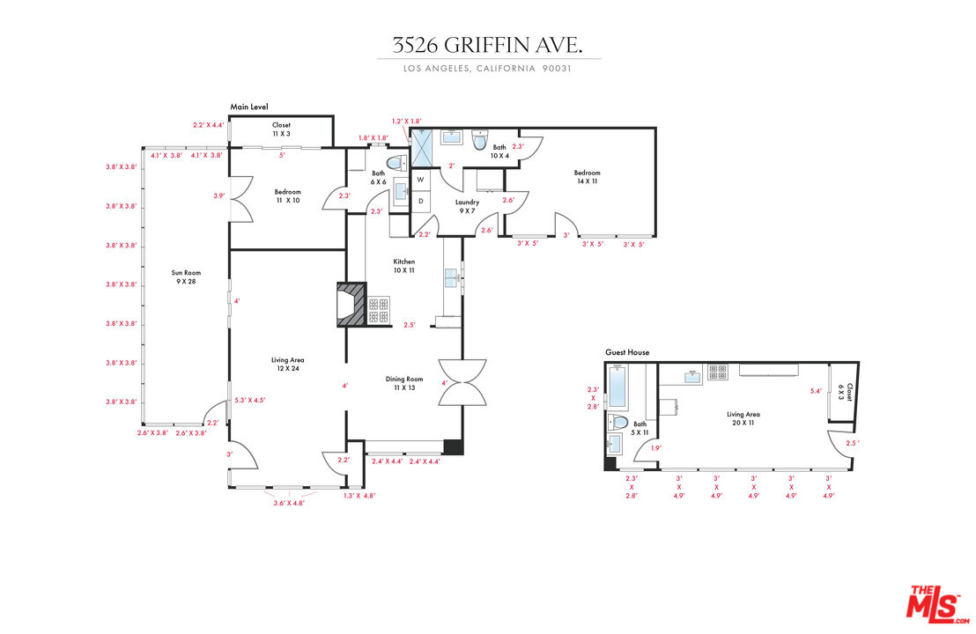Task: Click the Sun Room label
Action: (x=186, y=276)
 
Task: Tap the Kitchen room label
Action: (x=404, y=266)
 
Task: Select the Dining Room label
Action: (x=404, y=383)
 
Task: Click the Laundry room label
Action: (x=467, y=206)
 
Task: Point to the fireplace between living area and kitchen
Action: (x=351, y=305)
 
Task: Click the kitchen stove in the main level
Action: (x=379, y=310)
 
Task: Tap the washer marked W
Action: (x=420, y=179)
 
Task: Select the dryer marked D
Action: (x=420, y=201)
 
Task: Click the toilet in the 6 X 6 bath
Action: (x=396, y=163)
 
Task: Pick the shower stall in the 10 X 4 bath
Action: (x=421, y=148)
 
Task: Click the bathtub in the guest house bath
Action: (x=617, y=387)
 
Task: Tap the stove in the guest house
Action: (x=718, y=372)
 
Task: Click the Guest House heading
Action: (x=627, y=352)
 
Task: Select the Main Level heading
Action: (x=249, y=107)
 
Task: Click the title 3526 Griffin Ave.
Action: (x=487, y=45)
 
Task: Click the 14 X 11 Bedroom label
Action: (x=587, y=177)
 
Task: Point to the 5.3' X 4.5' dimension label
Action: (x=249, y=400)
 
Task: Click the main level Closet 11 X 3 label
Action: (x=281, y=129)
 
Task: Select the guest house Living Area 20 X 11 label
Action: (x=743, y=418)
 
